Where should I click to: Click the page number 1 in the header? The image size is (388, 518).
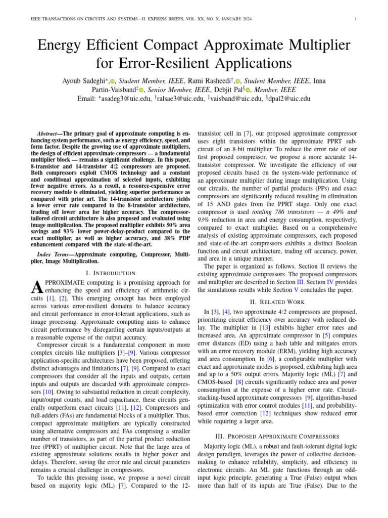pyautogui.click(x=356, y=20)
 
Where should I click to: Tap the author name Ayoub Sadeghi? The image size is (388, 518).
pyautogui.click(x=83, y=80)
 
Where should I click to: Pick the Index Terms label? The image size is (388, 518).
pyautogui.click(x=57, y=253)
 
